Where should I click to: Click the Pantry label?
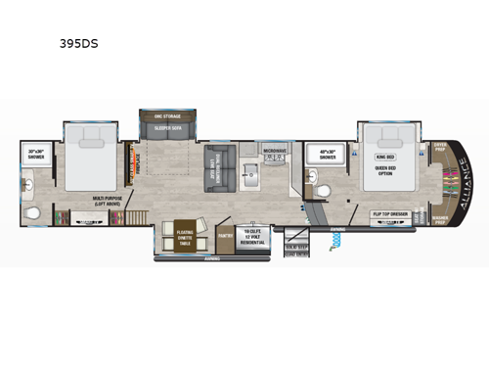point(224,235)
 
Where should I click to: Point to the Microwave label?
point(275,151)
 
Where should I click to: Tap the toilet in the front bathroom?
point(312,179)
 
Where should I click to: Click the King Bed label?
point(386,155)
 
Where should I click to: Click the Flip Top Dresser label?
point(392,212)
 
